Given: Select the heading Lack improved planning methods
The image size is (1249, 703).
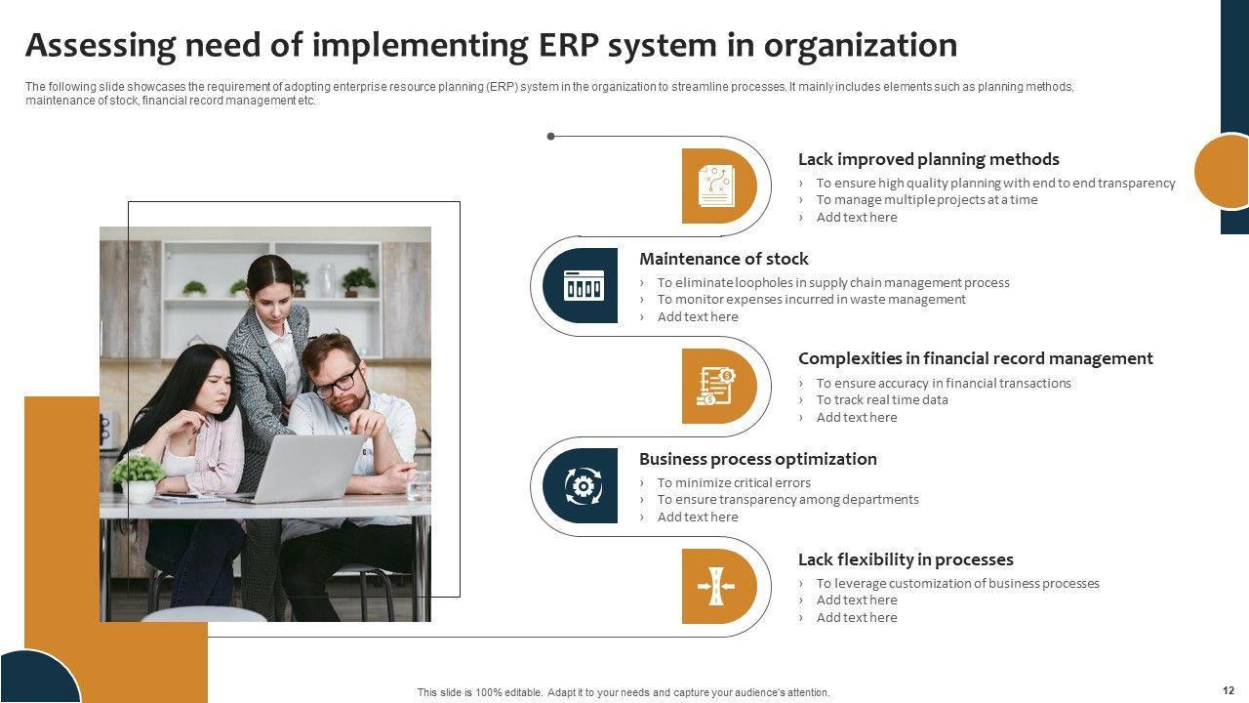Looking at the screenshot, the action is pyautogui.click(x=928, y=159).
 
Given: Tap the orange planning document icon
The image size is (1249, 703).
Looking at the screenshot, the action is pyautogui.click(x=716, y=186).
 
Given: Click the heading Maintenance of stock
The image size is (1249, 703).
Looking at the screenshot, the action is pyautogui.click(x=723, y=259).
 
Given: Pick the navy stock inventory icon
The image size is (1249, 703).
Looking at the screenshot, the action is pyautogui.click(x=584, y=285).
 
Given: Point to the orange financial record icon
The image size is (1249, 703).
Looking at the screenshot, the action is pyautogui.click(x=716, y=386).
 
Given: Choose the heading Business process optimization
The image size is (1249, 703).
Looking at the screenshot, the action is pyautogui.click(x=758, y=459).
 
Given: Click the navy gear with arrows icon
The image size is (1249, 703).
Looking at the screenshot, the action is pyautogui.click(x=584, y=486).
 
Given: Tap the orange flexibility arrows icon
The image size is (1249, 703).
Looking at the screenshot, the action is pyautogui.click(x=716, y=586).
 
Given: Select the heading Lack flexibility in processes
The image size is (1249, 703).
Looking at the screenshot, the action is pyautogui.click(x=906, y=559).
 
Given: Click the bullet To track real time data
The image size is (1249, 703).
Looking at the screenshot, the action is pyautogui.click(x=882, y=400).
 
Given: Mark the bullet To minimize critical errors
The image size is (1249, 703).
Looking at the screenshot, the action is pyautogui.click(x=734, y=482).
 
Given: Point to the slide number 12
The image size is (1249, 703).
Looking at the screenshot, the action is pyautogui.click(x=1229, y=690).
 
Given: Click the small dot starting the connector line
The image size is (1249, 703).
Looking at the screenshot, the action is pyautogui.click(x=551, y=136).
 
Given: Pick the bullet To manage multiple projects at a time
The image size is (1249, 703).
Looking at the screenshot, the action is pyautogui.click(x=927, y=200).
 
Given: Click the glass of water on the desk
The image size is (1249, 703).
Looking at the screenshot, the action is pyautogui.click(x=419, y=485).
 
